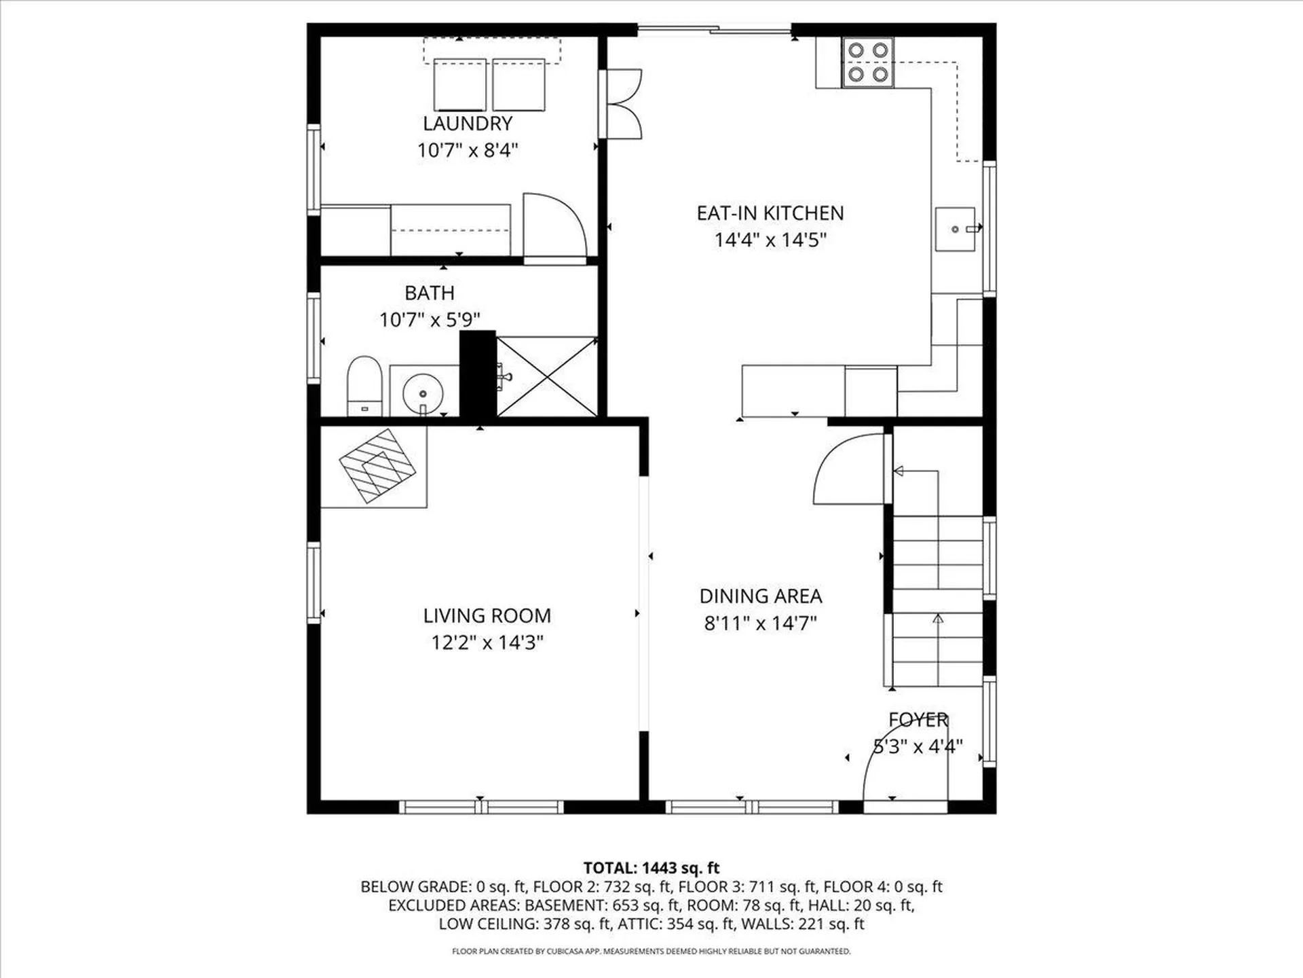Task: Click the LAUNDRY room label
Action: click(468, 124)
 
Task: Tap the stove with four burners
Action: click(868, 62)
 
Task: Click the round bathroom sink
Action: click(422, 393)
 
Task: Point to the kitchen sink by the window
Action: click(955, 230)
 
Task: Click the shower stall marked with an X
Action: click(547, 376)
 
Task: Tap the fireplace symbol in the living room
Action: click(377, 466)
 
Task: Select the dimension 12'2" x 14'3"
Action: click(487, 642)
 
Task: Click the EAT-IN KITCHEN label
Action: click(770, 213)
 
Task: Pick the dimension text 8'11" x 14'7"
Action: click(760, 623)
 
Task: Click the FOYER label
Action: click(918, 720)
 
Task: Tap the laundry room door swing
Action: click(553, 228)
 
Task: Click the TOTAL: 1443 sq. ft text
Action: click(651, 867)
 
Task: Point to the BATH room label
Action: click(429, 293)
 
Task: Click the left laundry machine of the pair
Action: click(459, 85)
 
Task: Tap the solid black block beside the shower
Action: click(478, 374)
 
